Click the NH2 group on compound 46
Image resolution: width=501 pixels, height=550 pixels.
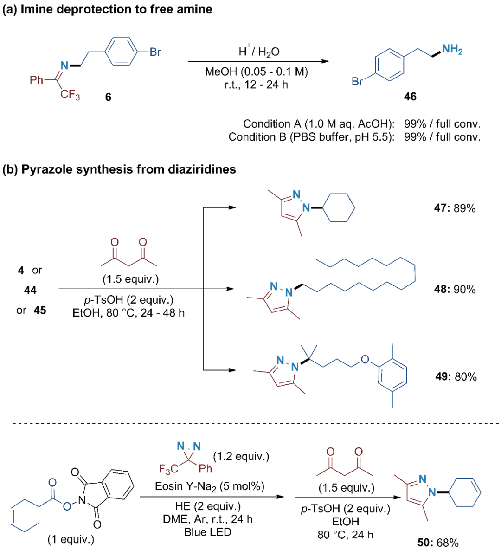point(452,50)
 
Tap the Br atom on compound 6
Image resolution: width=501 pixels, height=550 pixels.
point(155,52)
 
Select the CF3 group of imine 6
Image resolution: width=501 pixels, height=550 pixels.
point(70,95)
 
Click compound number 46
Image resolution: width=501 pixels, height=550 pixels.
point(410,97)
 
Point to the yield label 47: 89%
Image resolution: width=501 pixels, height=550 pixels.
point(455,208)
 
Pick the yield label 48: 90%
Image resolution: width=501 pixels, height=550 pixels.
point(455,290)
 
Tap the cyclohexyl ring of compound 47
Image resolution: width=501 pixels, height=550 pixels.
point(338,208)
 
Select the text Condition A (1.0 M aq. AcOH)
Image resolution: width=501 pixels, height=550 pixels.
point(319,124)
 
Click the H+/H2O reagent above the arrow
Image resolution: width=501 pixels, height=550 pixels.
point(259,51)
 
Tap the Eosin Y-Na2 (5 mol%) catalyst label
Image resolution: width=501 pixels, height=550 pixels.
point(210,486)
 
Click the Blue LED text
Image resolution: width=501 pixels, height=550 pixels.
point(207,532)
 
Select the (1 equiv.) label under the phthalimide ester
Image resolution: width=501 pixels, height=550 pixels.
point(71,539)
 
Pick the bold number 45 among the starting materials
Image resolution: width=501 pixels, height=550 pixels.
point(40,310)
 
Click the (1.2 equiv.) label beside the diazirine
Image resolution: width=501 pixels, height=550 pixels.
point(241,456)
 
